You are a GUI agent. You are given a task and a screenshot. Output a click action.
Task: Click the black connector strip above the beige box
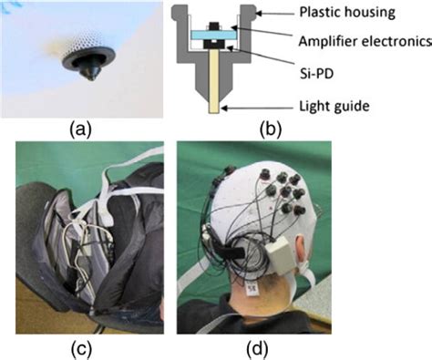[232, 247]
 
